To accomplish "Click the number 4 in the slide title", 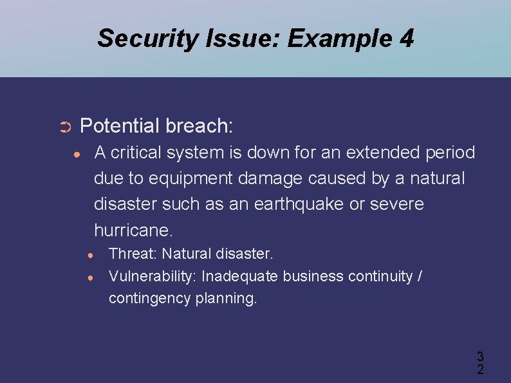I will point(406,39).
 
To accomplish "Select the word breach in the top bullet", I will point(199,126).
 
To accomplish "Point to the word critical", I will point(135,153).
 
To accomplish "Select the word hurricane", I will point(133,230).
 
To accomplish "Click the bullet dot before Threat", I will point(92,255).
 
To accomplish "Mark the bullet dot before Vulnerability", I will point(92,277).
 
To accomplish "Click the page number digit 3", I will point(480,356).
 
